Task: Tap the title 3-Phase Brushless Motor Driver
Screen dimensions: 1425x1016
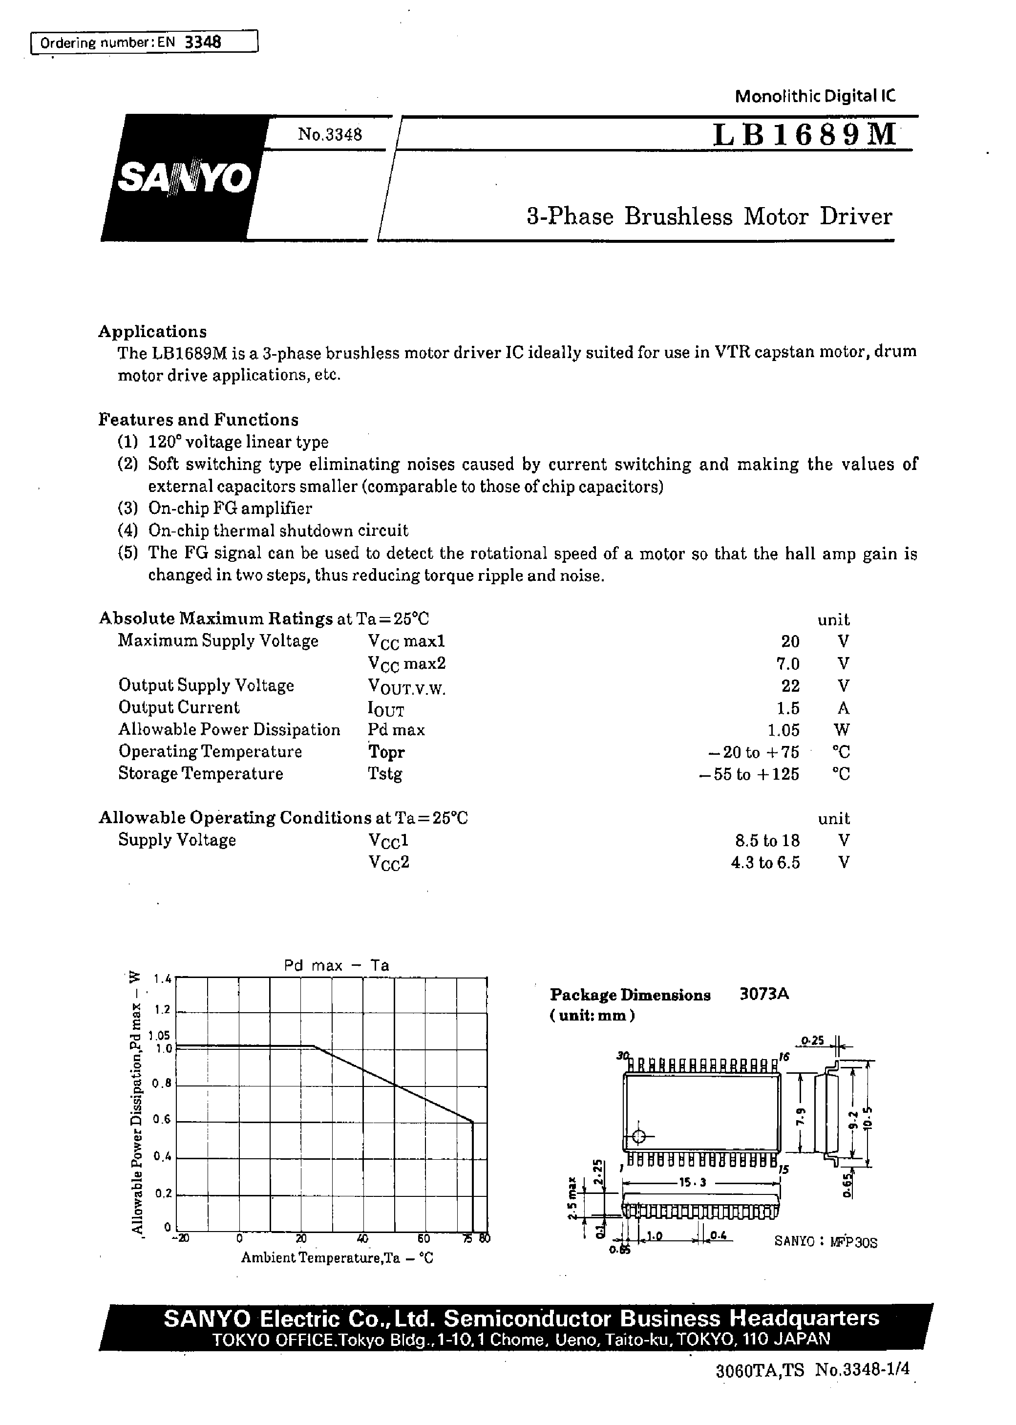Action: tap(709, 216)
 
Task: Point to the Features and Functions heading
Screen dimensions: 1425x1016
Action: tap(198, 420)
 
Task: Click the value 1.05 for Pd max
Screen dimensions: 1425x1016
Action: tap(783, 730)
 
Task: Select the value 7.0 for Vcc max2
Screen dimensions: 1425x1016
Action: tap(788, 663)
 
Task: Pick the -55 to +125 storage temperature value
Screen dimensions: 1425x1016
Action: tap(749, 774)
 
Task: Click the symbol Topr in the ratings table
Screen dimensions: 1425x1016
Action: tap(386, 752)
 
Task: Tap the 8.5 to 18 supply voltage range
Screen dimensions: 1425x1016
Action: tap(765, 840)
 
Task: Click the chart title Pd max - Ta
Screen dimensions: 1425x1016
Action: tap(337, 965)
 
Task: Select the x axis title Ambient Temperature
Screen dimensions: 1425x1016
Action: tap(337, 1258)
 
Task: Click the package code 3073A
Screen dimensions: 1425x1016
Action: tap(764, 994)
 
